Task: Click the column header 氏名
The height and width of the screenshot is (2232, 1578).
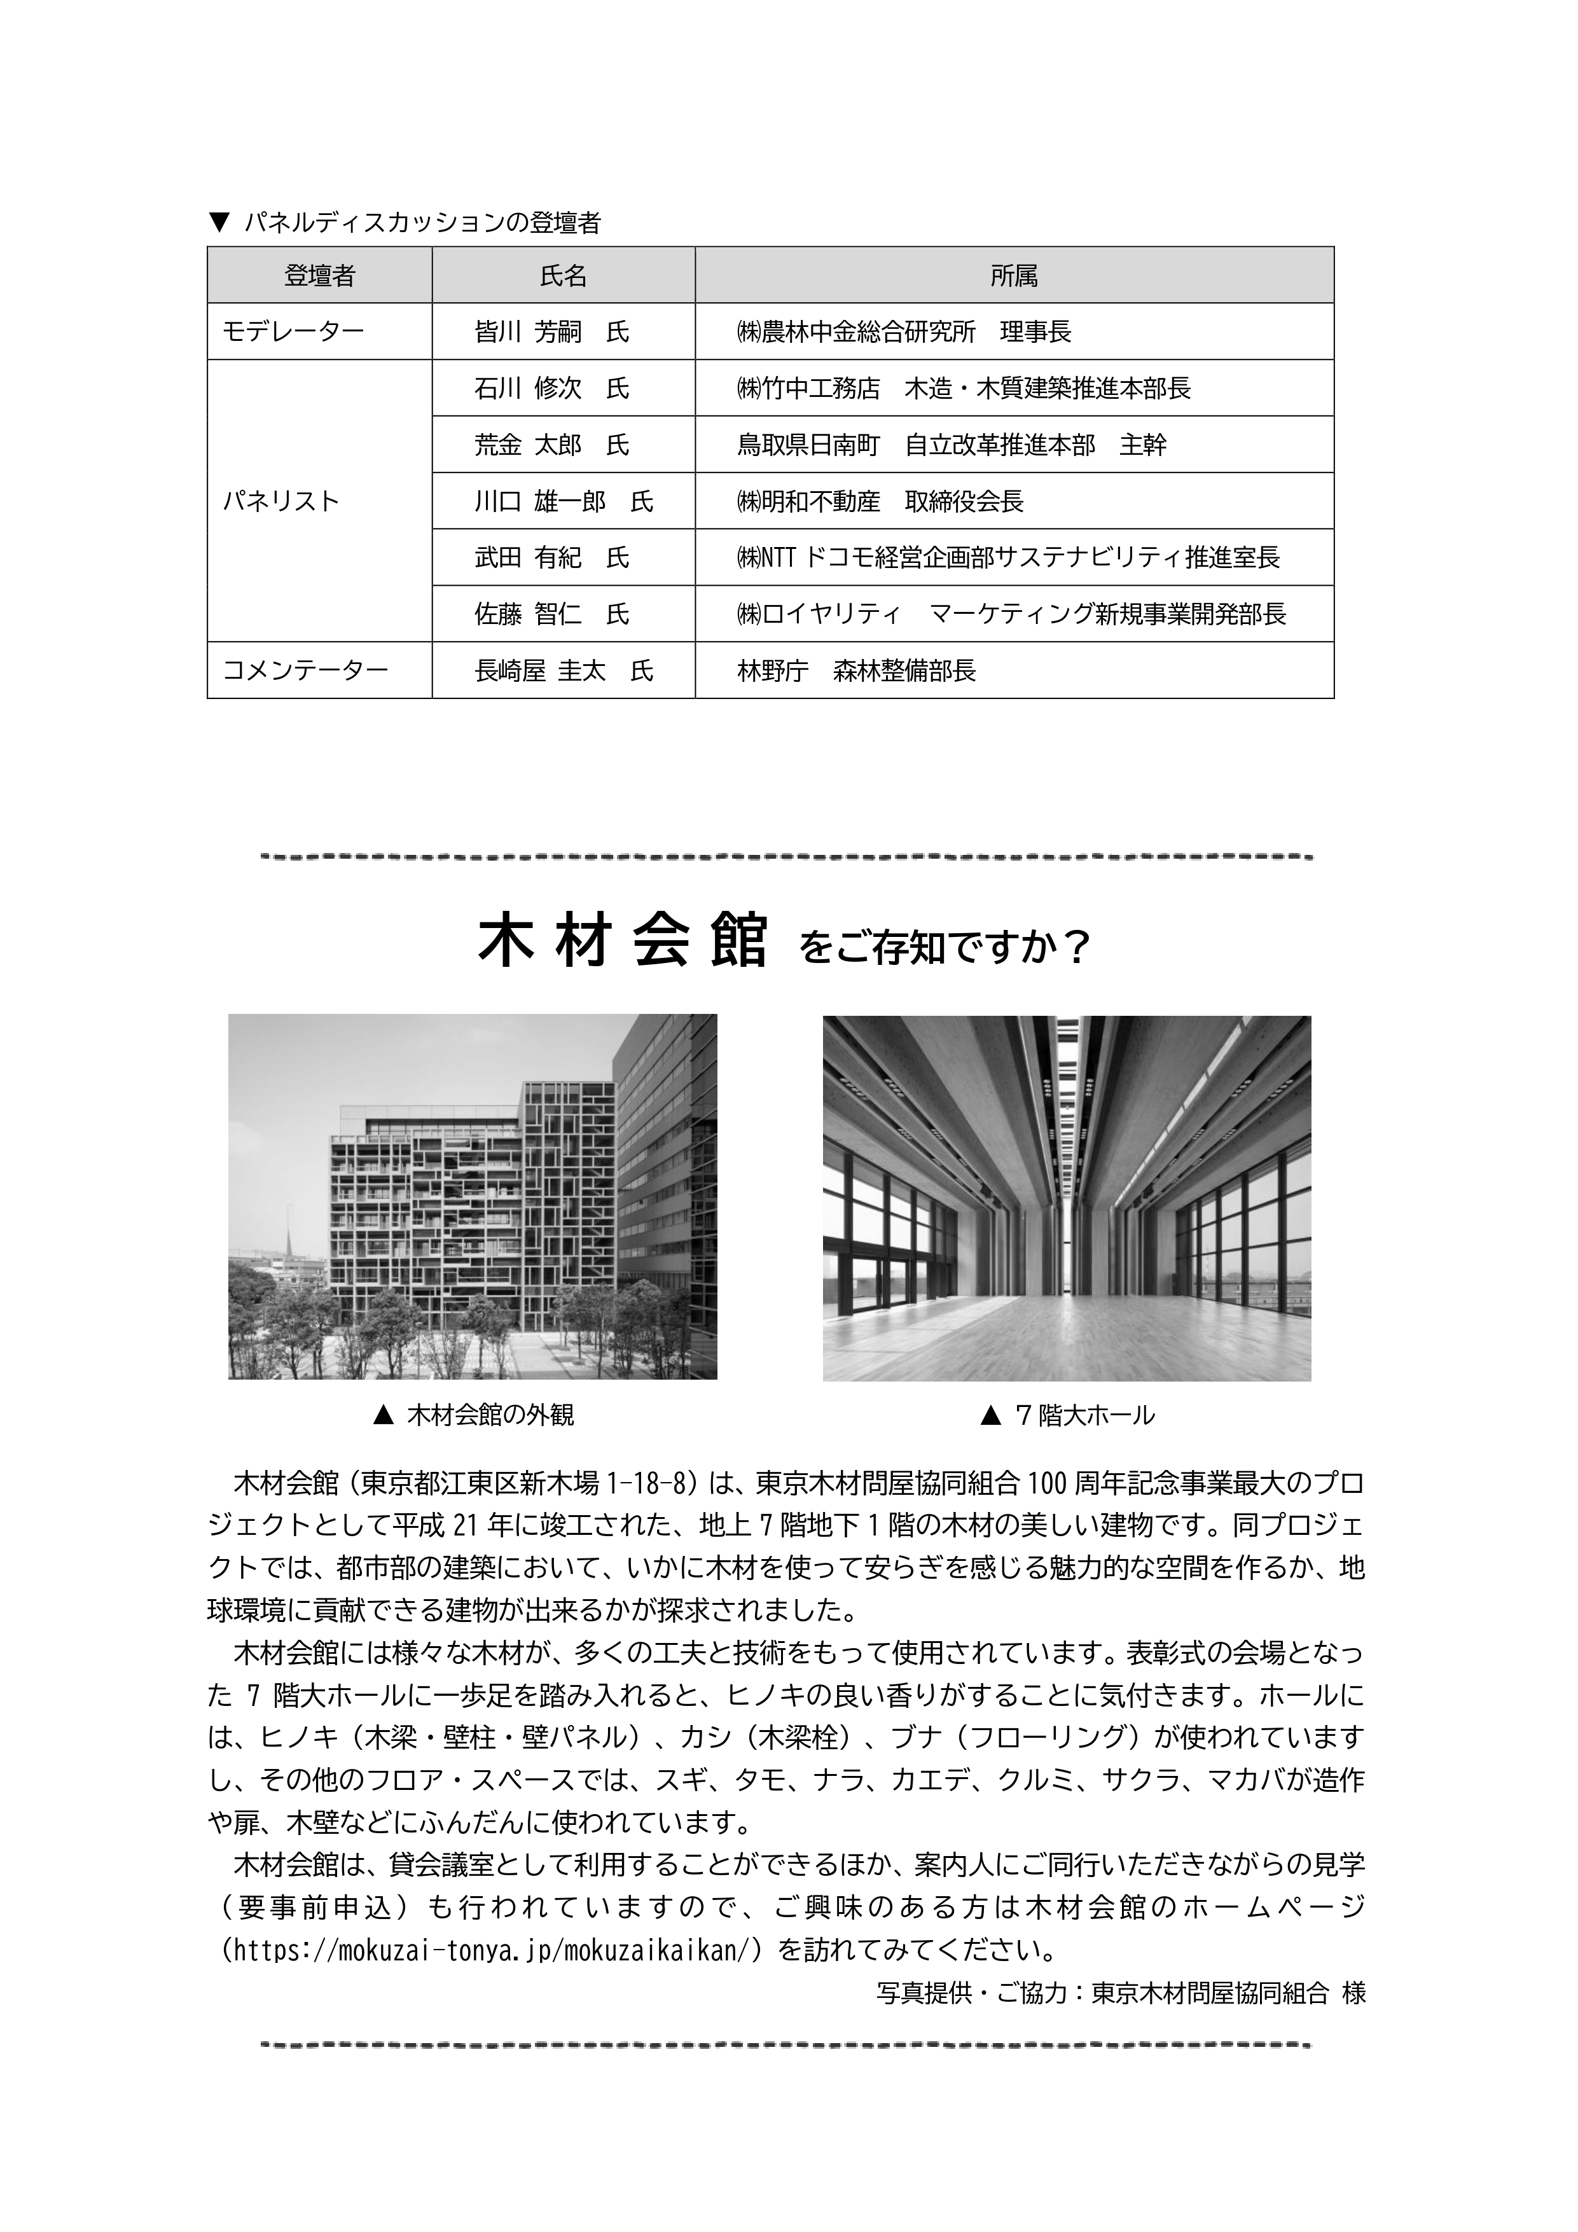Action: pyautogui.click(x=563, y=276)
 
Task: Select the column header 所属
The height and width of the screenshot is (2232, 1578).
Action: pyautogui.click(x=1013, y=276)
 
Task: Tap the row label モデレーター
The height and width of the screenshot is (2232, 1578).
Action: pyautogui.click(x=294, y=333)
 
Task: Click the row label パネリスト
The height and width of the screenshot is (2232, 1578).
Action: pyautogui.click(x=281, y=502)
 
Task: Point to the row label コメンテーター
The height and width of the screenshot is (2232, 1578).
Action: pyautogui.click(x=305, y=671)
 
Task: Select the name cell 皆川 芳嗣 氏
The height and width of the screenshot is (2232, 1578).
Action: pyautogui.click(x=551, y=333)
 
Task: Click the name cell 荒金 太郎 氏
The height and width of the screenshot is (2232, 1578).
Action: pyautogui.click(x=551, y=445)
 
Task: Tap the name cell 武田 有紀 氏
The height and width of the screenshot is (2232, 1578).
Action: pyautogui.click(x=551, y=558)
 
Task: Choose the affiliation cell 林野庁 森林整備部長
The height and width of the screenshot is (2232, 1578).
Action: pyautogui.click(x=855, y=671)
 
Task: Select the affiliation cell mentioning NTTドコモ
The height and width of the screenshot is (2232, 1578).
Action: pyautogui.click(x=1008, y=558)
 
